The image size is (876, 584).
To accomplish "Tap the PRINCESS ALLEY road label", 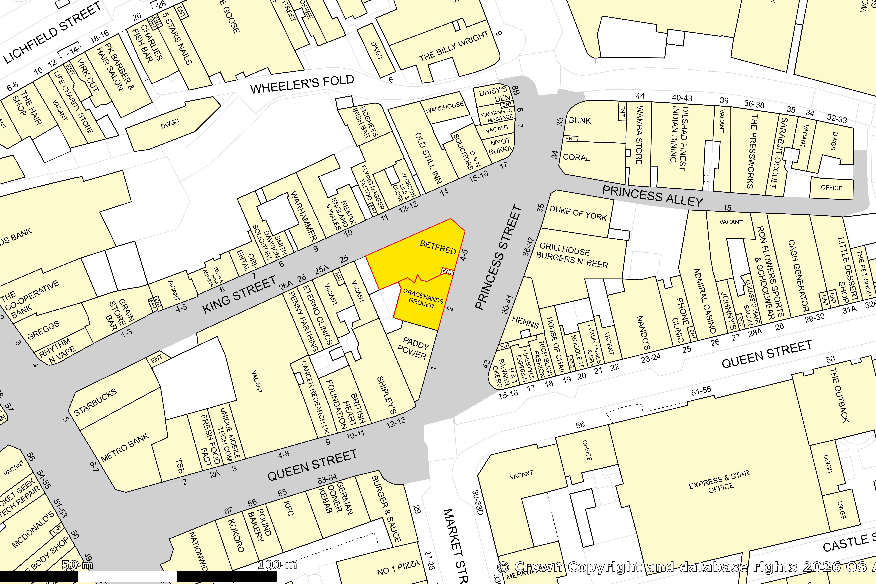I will pos(653,196).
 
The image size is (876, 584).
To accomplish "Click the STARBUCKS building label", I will pos(95,402).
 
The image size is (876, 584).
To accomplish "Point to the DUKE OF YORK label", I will pos(578,213).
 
